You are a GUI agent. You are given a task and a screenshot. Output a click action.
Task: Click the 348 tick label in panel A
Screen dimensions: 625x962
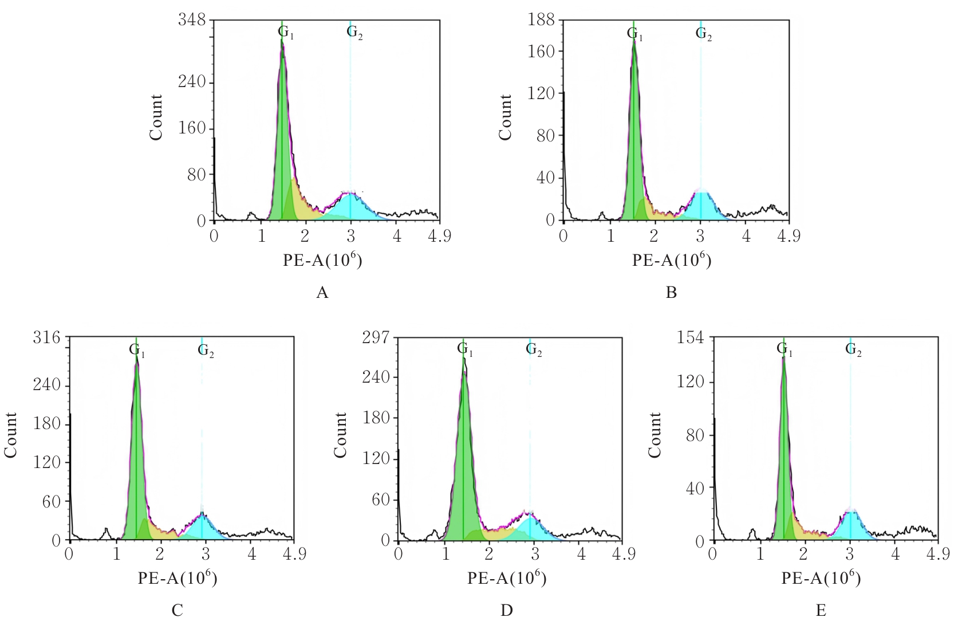click(191, 20)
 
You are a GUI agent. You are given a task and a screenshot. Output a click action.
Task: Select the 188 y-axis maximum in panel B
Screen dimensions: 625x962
click(541, 20)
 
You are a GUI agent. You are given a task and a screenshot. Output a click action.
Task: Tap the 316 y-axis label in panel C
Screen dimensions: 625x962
click(46, 337)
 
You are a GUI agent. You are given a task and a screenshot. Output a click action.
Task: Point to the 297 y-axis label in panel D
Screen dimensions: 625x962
click(376, 337)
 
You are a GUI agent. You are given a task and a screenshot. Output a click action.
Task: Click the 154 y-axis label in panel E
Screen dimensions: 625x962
click(690, 337)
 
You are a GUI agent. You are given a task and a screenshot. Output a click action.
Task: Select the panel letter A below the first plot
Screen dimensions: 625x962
click(322, 293)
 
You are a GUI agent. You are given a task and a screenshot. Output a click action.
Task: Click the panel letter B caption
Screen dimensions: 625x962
click(672, 293)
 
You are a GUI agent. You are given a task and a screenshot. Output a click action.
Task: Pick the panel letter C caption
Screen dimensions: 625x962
click(177, 610)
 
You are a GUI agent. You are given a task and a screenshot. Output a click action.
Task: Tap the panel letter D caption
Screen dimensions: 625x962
click(507, 610)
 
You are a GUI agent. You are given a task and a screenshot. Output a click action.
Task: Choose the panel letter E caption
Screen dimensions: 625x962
click(821, 610)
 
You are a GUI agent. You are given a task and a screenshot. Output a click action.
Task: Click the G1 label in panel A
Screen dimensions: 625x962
click(286, 33)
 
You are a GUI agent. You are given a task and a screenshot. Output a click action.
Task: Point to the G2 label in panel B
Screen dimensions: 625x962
click(704, 33)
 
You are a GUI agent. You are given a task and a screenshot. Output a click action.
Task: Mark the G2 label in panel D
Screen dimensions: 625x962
click(534, 349)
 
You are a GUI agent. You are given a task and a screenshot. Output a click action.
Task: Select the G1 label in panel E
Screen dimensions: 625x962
click(784, 349)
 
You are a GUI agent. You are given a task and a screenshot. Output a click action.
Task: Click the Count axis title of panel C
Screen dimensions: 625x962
click(11, 435)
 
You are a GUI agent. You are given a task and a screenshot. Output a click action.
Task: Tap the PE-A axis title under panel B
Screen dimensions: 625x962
click(672, 260)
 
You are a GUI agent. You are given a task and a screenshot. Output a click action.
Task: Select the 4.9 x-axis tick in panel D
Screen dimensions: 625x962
click(624, 554)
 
